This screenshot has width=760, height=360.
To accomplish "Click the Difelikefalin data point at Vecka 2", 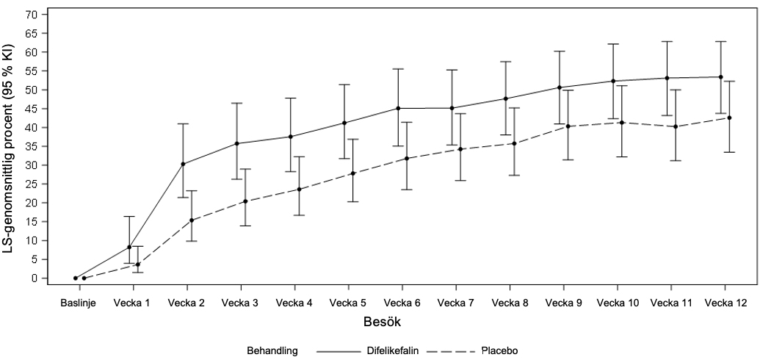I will click(x=183, y=164).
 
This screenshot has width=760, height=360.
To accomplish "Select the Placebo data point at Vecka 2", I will click(x=191, y=220).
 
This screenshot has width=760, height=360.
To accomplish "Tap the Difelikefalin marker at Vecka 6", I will click(x=398, y=108).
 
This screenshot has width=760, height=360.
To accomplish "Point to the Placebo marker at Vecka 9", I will click(x=568, y=126).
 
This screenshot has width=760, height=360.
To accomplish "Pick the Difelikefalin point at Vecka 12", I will click(x=720, y=77).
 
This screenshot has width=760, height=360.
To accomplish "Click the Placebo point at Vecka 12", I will click(x=728, y=118).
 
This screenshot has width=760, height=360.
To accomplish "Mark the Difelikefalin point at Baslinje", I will click(x=76, y=278).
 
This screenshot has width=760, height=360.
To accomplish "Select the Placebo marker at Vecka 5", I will click(x=352, y=173).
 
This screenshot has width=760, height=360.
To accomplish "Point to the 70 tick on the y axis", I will click(x=31, y=15).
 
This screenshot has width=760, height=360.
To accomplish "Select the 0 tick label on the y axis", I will click(x=34, y=278).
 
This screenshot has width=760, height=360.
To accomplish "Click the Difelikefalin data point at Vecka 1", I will click(x=129, y=247).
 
